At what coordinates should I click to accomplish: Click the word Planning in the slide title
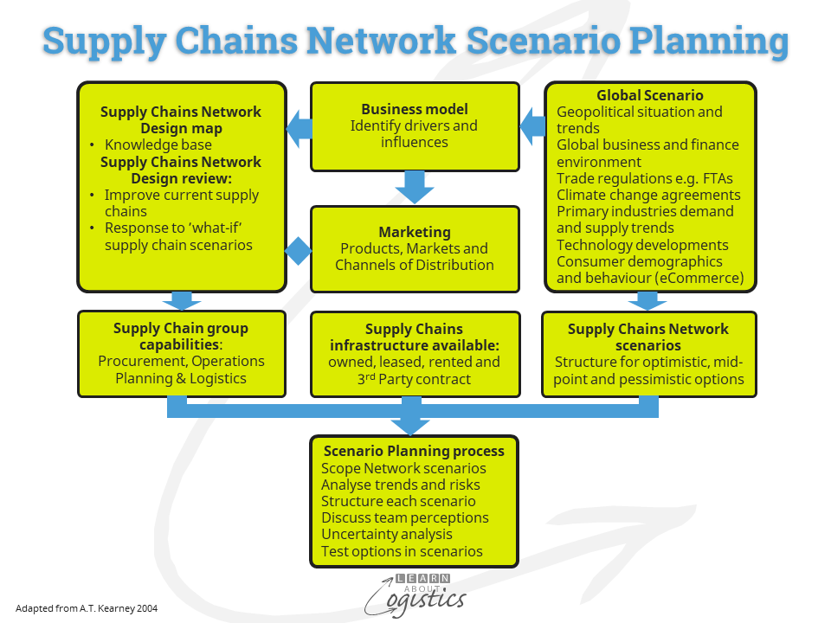[x=708, y=41]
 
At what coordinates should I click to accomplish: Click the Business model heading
[x=415, y=109]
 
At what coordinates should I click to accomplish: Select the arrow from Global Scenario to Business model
[x=531, y=129]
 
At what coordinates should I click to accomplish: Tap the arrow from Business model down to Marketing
[x=415, y=186]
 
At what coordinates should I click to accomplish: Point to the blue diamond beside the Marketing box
[x=299, y=252]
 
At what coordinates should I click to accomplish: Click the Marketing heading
[x=415, y=232]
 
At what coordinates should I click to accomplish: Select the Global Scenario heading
[x=649, y=95]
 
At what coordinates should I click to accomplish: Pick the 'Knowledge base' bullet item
[x=158, y=145]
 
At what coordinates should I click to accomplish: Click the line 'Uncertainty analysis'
[x=386, y=535]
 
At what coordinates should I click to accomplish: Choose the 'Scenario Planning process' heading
[x=414, y=451]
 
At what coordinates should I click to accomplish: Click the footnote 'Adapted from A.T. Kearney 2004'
[x=87, y=608]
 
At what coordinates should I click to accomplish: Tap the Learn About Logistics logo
[x=415, y=594]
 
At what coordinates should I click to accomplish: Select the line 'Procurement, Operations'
[x=181, y=361]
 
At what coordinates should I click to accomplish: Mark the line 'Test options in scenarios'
[x=402, y=551]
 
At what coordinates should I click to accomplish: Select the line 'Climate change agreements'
[x=648, y=195]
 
